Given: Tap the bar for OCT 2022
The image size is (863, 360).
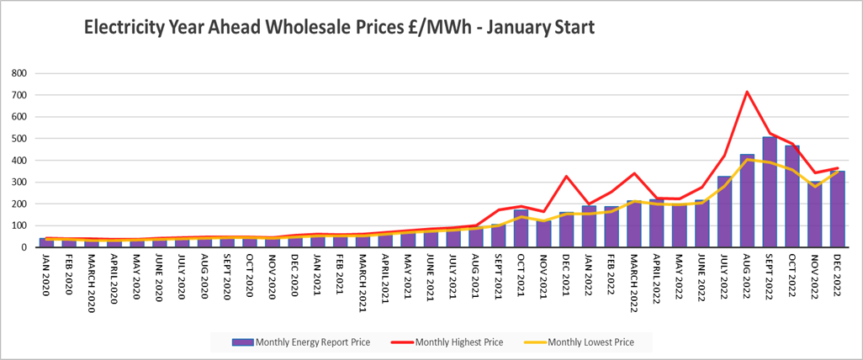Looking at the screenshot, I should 792,196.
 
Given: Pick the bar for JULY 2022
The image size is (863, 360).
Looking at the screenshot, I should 724,211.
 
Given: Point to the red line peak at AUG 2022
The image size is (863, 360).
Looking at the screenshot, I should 747,92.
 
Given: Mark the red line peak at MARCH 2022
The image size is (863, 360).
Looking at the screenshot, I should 633,173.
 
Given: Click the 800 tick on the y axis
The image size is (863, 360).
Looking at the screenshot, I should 17,73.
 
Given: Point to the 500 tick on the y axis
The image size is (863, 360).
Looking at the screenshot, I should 17,139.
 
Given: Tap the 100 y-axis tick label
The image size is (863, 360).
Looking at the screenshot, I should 17,226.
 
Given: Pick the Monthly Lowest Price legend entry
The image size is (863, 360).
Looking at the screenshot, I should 589,342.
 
